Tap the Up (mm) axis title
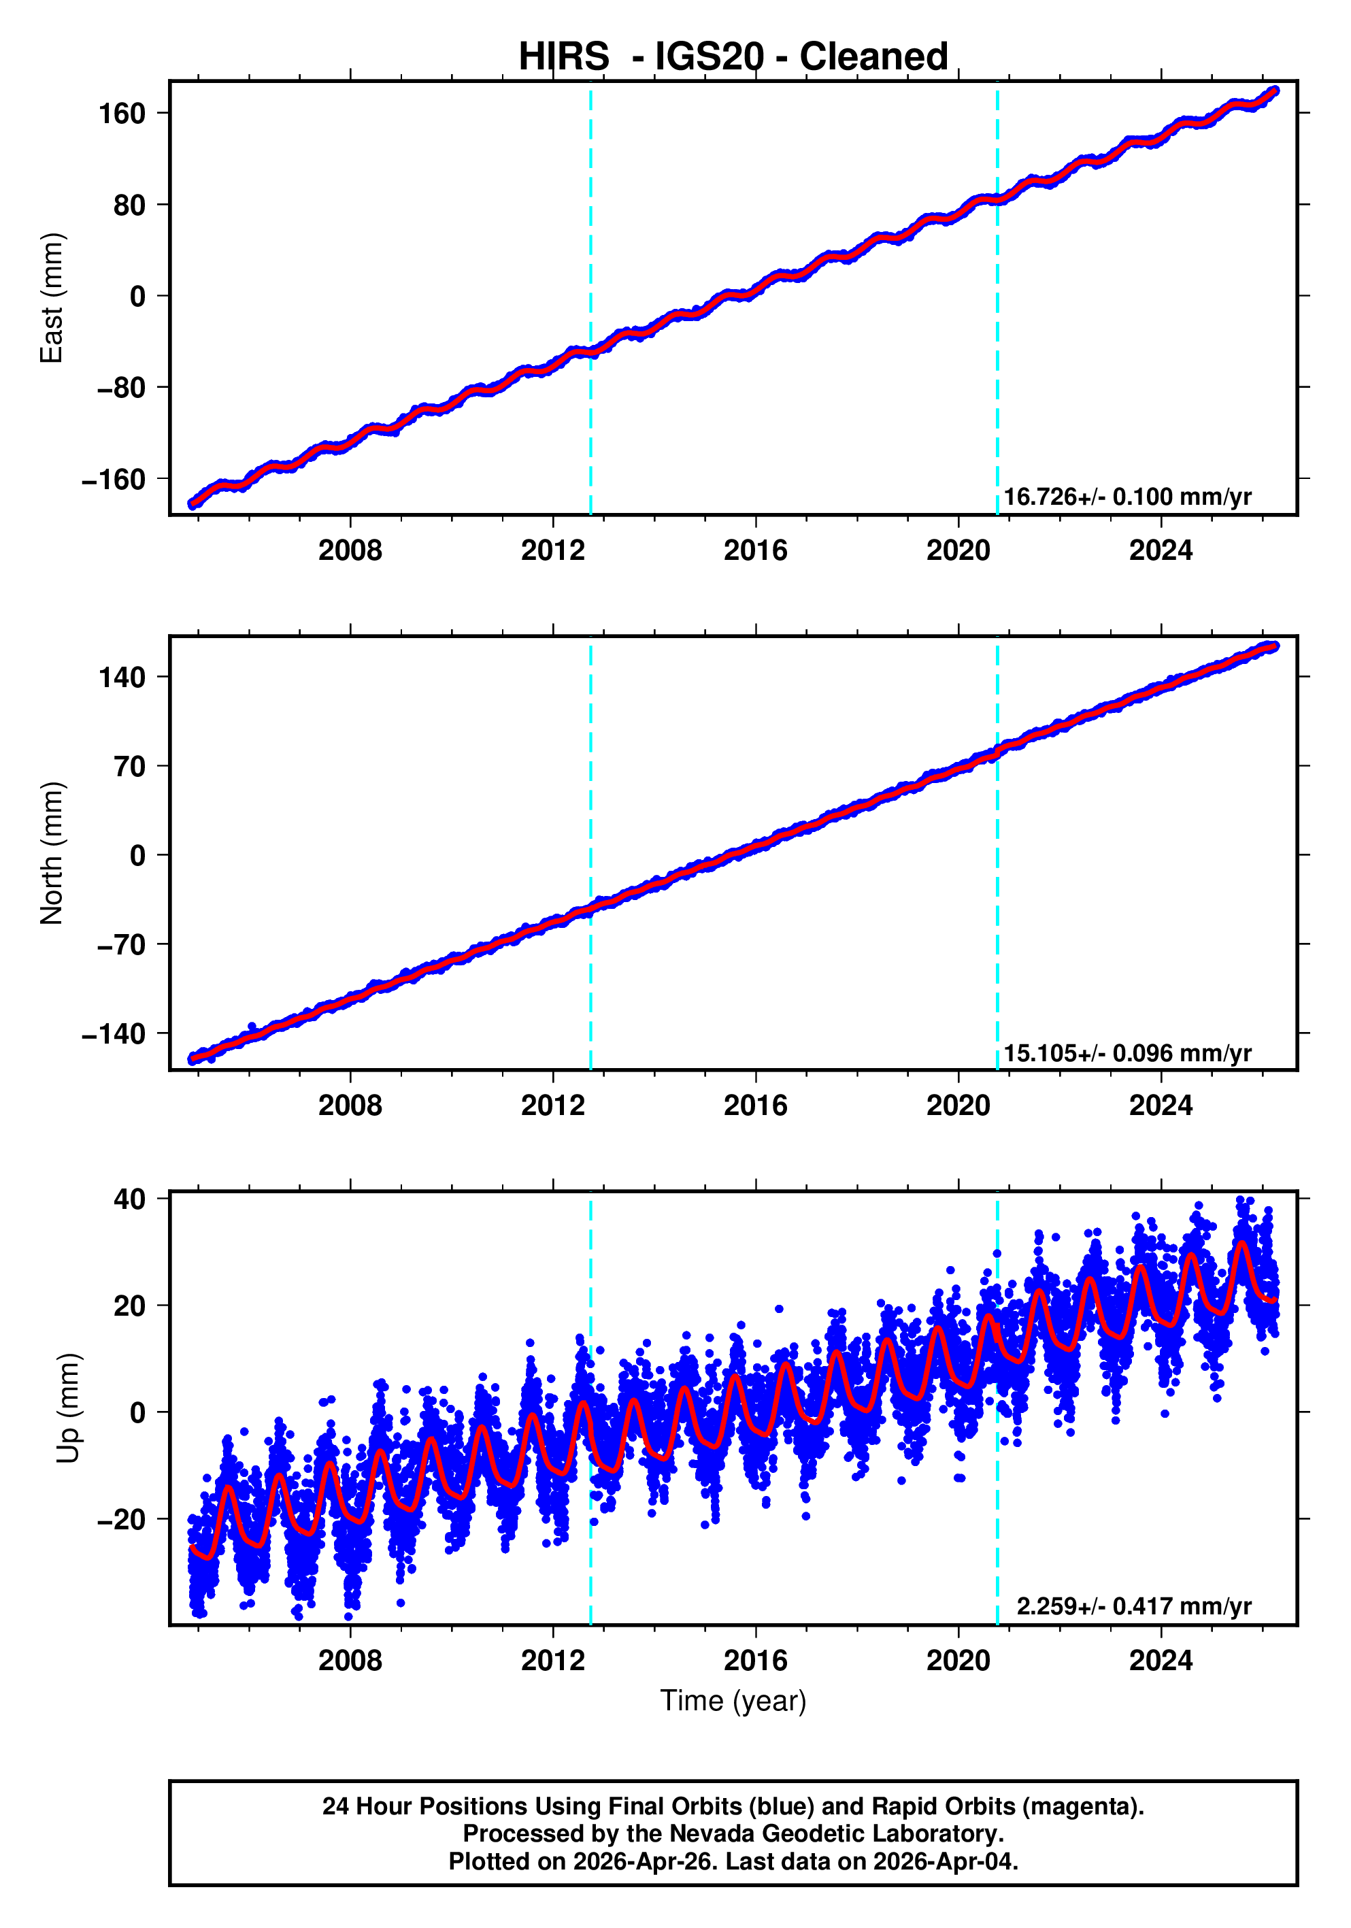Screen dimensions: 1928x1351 click(69, 1408)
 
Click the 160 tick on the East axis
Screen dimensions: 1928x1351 click(122, 114)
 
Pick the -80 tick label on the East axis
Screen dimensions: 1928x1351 click(121, 388)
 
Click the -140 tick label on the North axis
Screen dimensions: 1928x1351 click(114, 1033)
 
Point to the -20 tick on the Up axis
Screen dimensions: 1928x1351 click(121, 1519)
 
